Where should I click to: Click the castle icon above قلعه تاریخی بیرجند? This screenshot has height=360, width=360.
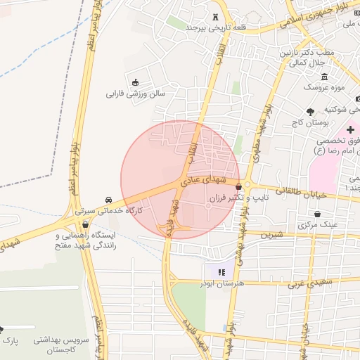point(214,16)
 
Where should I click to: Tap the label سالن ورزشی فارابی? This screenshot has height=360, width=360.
point(135,93)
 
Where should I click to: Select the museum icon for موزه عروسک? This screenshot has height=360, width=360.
point(323,77)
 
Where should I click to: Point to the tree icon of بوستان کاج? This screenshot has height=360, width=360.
point(310,111)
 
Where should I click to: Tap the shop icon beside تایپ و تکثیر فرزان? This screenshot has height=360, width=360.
point(240,187)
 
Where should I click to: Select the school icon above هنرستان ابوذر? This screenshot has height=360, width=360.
point(221,271)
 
